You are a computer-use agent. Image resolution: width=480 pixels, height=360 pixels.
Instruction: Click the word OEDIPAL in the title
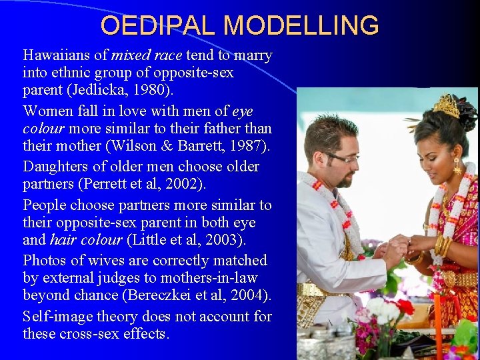[x=159, y=25]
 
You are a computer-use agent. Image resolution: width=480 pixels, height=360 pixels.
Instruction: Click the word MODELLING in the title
[x=301, y=25]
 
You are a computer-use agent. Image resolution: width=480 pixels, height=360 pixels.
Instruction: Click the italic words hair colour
[x=83, y=239]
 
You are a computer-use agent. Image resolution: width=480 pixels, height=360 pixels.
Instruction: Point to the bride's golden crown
[x=446, y=106]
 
